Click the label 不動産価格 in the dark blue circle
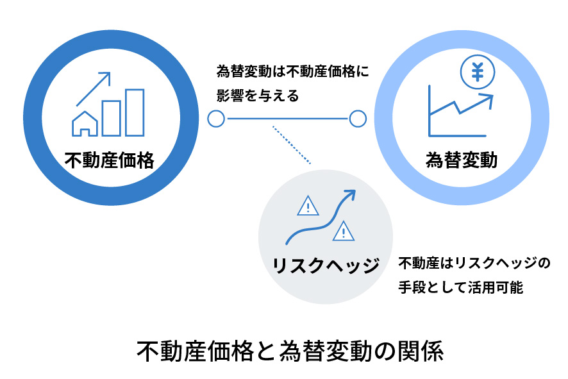coord(110,160)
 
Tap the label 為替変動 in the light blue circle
coord(462,160)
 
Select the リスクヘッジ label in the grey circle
coord(326,265)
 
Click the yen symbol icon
coord(478,72)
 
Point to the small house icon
coord(85,124)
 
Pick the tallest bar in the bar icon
coord(135,112)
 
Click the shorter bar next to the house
coord(111,119)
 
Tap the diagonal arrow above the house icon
coord(93,89)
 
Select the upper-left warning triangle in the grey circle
coord(308,206)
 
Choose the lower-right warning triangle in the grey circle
coord(344,231)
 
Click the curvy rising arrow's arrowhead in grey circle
coord(350,194)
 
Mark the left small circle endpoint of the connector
coord(216,119)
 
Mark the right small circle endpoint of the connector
coord(358,119)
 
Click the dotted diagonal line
coord(292,145)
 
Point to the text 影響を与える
coord(258,96)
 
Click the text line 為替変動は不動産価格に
coord(293,71)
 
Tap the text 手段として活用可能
coord(461,287)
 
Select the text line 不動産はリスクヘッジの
coord(474,263)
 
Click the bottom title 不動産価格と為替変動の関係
coord(290,351)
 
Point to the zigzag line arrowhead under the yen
coord(487,100)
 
